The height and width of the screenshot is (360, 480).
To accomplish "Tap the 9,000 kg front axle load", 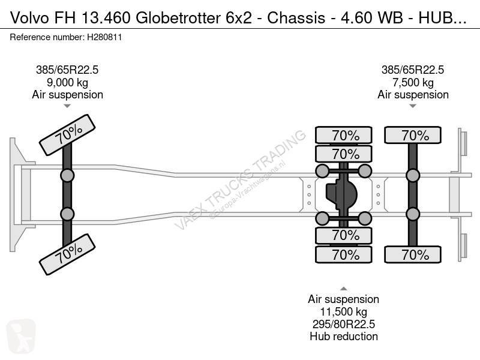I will tap(67, 82).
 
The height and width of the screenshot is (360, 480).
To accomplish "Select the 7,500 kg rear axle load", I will tap(413, 82).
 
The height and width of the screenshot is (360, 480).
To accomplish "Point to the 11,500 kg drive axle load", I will tap(343, 311).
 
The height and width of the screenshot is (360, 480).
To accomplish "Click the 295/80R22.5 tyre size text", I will tap(343, 324).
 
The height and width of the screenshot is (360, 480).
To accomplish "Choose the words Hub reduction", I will tap(343, 337).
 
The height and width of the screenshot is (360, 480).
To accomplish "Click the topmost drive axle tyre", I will tap(346, 136).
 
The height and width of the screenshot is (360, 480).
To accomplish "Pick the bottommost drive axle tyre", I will tap(346, 254).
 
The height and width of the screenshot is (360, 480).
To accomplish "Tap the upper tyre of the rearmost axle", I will tap(414, 136).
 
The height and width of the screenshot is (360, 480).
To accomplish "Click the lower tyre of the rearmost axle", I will tap(414, 254).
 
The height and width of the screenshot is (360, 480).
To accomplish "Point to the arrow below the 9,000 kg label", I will tap(67, 106).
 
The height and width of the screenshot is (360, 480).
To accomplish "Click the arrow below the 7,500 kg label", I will tap(413, 106).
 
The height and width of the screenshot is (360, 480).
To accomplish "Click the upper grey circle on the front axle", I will tap(67, 175).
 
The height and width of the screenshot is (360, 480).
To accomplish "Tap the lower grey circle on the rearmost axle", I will tap(413, 214).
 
